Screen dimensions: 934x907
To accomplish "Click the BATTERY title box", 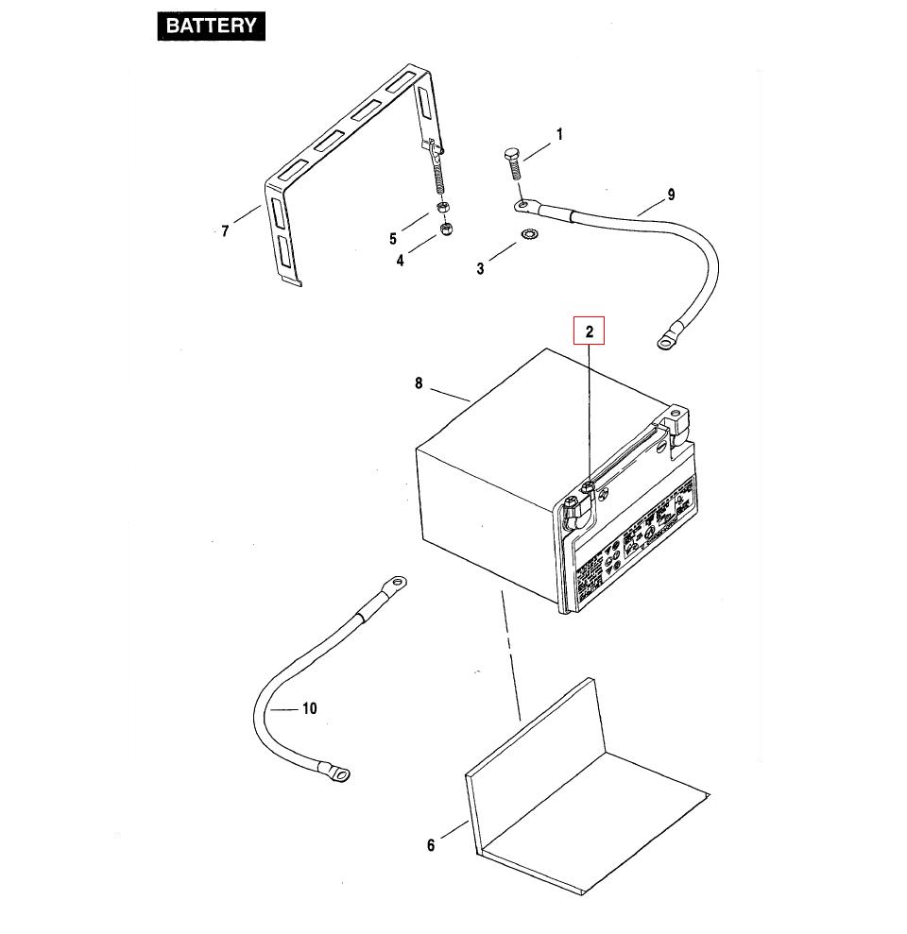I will pos(211,25).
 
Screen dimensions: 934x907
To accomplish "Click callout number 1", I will pos(558,135).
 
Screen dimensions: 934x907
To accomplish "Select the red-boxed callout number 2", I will pos(590,331).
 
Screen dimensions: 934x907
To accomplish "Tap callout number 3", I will pos(480,269).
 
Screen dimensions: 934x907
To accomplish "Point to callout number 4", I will pos(400,260).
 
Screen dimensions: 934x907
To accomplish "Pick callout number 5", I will pos(393,239).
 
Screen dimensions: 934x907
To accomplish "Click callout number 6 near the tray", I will pos(431,845).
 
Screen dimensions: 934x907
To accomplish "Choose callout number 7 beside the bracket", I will pos(225,231).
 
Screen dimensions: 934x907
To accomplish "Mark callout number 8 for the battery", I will pos(418,383).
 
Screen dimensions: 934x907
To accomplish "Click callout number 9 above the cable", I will pos(671,195).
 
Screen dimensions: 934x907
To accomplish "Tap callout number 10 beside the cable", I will pos(309,708).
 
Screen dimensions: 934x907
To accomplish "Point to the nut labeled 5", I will pos(442,208).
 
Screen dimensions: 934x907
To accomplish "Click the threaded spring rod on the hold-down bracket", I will pos(437,176).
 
